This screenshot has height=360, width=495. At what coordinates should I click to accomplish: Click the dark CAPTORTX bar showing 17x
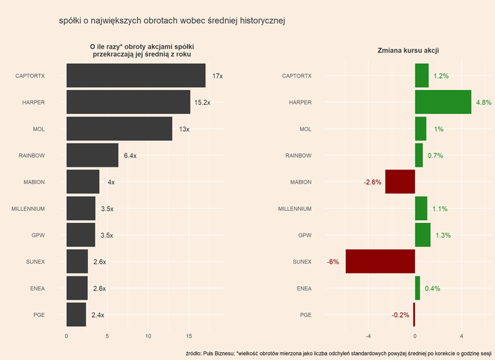point(136,76)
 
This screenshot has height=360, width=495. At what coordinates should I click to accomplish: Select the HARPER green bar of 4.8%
point(443,103)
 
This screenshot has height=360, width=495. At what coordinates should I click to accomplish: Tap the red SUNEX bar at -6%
point(380,262)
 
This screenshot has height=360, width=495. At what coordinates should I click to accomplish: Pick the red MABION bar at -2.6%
point(400,182)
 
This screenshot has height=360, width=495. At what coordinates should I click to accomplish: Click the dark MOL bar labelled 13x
point(119,129)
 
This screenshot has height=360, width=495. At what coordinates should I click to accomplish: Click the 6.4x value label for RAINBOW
point(129,155)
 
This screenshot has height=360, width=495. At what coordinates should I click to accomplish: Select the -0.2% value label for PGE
point(400,315)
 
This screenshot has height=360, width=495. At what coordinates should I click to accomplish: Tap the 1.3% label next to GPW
point(443,236)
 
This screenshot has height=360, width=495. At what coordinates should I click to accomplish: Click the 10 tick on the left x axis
point(148,336)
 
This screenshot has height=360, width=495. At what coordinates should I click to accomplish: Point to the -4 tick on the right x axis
point(369,336)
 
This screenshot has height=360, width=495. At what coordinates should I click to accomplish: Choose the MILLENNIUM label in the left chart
point(28,209)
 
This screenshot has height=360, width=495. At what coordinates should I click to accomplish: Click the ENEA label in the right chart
point(304,288)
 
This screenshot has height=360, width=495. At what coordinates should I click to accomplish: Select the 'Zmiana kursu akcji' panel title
point(409,51)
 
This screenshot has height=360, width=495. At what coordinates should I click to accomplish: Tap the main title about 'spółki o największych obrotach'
point(172,21)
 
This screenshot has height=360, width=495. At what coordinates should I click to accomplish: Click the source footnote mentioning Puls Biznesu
point(337,353)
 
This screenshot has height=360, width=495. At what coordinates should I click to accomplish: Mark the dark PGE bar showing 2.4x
point(76,315)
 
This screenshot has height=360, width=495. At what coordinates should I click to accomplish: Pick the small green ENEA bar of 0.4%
point(418,288)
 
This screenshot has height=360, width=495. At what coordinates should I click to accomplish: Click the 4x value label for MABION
point(111,182)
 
